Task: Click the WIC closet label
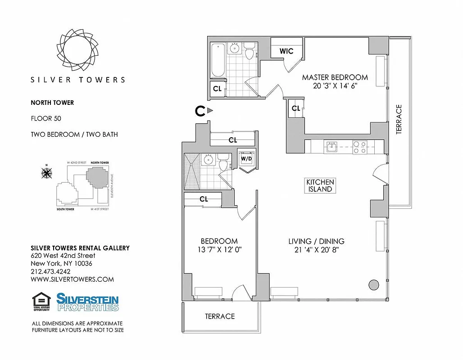286,51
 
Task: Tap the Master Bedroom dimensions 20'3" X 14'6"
335,86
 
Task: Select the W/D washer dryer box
246,158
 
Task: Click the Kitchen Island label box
320,185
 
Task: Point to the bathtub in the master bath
217,60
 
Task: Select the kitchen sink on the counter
332,146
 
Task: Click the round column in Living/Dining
373,284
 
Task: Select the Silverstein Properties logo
87,301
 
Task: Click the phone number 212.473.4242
50,271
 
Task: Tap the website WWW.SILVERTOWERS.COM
72,279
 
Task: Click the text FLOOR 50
46,119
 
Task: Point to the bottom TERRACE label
220,316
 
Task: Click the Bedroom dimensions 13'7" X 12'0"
219,250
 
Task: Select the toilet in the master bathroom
250,52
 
